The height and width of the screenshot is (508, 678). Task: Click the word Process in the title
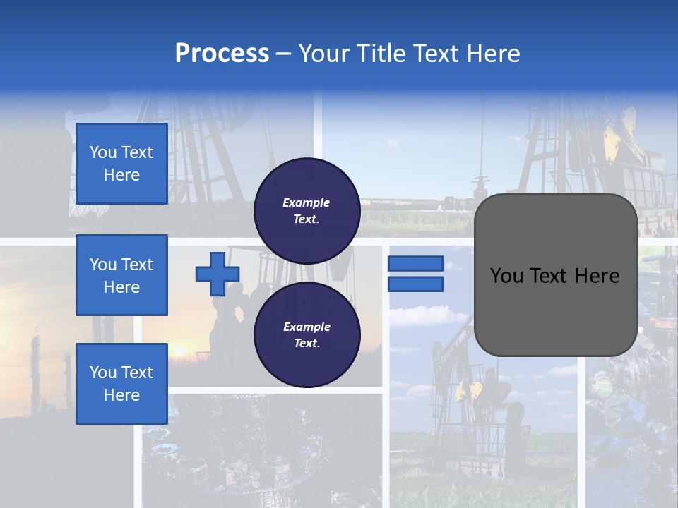point(222,54)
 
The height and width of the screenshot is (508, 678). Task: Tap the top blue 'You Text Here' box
point(121,164)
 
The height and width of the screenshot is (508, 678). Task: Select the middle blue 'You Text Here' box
point(121,275)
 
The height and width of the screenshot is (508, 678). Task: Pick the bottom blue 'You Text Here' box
point(121,383)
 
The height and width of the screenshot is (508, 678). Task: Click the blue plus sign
point(218,273)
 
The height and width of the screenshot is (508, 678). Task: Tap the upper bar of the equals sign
point(415,263)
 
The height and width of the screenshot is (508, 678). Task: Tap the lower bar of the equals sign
point(415,284)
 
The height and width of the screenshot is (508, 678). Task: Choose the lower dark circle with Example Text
point(307,334)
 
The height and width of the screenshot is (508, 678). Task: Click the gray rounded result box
point(555,275)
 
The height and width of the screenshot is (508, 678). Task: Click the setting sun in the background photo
point(179,350)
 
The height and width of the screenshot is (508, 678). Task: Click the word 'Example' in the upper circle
point(307,202)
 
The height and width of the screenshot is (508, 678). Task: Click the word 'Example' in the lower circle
point(307,327)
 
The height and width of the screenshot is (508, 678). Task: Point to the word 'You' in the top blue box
point(103,152)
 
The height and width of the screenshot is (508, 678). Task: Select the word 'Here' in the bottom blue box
point(121,395)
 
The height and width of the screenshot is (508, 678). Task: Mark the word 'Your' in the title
point(323,54)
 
